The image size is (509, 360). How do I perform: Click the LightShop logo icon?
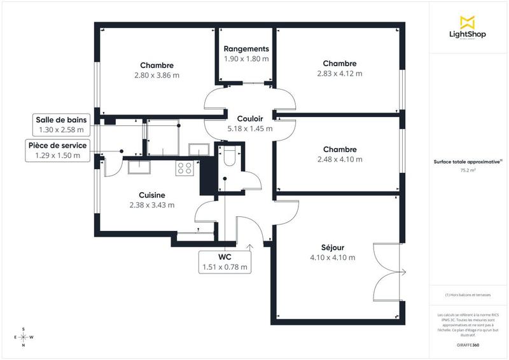467,22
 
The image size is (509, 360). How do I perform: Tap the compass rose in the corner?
24,336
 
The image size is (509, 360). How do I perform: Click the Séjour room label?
332,248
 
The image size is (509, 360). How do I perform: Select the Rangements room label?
246,49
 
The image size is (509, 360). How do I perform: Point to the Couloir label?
249,119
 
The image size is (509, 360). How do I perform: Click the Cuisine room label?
152,195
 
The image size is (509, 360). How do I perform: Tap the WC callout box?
225,261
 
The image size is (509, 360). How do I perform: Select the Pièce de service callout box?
57,150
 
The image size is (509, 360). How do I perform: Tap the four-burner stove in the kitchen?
185,168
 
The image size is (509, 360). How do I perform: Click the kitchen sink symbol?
139,167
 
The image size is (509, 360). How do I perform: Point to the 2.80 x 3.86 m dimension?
157,74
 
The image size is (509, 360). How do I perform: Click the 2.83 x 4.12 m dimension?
339,73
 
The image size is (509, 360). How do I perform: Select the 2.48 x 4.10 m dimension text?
339,159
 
